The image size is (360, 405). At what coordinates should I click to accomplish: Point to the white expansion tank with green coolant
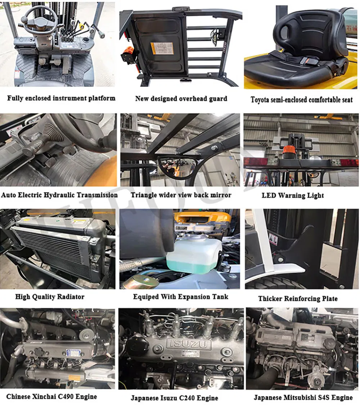(194, 256)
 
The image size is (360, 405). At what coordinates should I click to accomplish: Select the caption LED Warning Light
(293, 195)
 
